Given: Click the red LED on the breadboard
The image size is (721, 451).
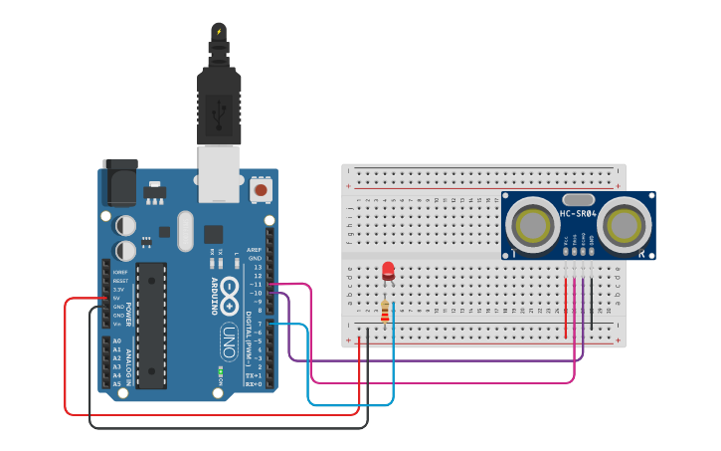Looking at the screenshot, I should [x=388, y=270].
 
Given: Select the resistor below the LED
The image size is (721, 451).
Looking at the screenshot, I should [x=386, y=311].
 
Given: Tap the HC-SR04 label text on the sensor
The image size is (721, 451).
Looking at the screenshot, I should [x=578, y=214].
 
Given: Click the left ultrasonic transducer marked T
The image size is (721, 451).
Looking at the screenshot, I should [x=529, y=222].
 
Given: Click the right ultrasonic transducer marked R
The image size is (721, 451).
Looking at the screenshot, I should [x=627, y=222].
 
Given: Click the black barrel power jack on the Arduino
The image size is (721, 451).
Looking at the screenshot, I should [x=118, y=186].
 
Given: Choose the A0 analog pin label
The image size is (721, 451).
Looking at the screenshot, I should [x=116, y=341].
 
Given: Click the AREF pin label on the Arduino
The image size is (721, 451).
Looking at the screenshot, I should [x=255, y=251].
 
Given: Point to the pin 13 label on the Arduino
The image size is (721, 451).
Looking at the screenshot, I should [x=257, y=268].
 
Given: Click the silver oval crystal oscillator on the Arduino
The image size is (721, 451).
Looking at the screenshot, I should [x=183, y=231].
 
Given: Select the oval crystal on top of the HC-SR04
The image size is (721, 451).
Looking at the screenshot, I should [x=578, y=199].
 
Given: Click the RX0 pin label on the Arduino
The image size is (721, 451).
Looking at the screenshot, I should [x=254, y=383].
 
